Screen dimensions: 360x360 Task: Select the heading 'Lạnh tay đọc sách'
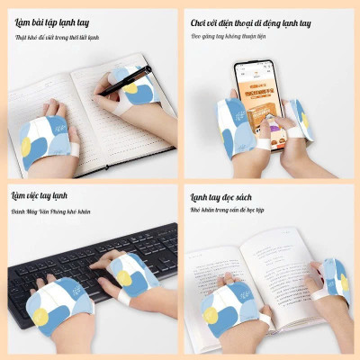click(229, 195)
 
